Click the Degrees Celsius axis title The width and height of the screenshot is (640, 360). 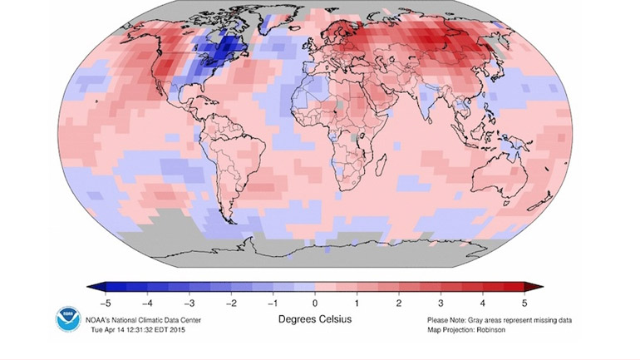point(314,319)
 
